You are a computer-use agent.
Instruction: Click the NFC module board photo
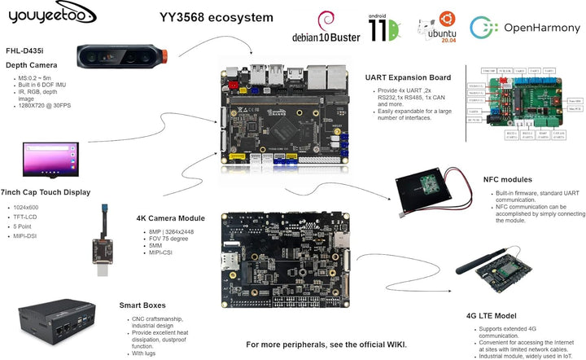click(x=429, y=193)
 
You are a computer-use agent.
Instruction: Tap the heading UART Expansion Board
click(x=408, y=77)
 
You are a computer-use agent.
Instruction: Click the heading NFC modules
click(x=508, y=179)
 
